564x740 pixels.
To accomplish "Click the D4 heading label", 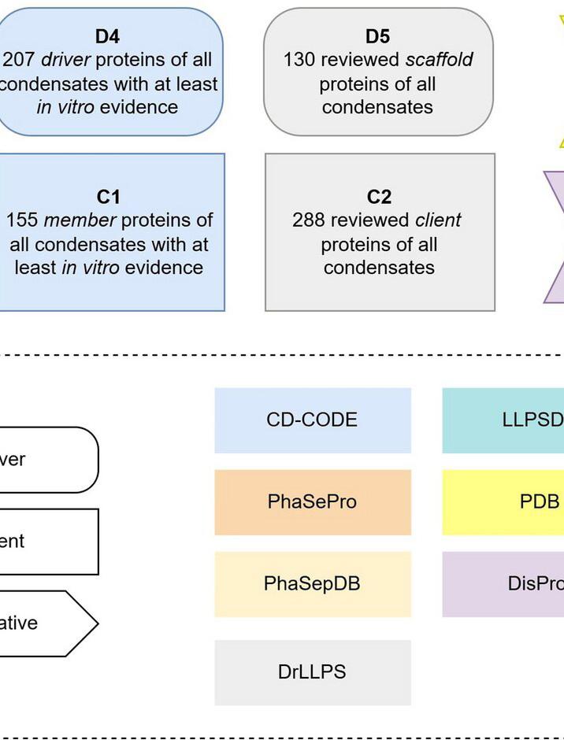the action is [107, 36].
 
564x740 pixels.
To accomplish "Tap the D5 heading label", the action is [377, 36].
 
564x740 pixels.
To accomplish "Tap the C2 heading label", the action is [379, 197].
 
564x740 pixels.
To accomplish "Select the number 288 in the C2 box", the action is [310, 220].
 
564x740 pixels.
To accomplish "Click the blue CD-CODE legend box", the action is [313, 420].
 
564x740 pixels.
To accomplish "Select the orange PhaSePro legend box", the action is [313, 502].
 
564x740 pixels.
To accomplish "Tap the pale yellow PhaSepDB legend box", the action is [313, 584].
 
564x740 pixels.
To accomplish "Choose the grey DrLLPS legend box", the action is [313, 672].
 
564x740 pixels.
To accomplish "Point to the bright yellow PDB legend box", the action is [504, 502].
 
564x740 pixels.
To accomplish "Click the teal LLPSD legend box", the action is [504, 420].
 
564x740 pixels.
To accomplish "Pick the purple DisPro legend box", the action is [504, 584].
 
